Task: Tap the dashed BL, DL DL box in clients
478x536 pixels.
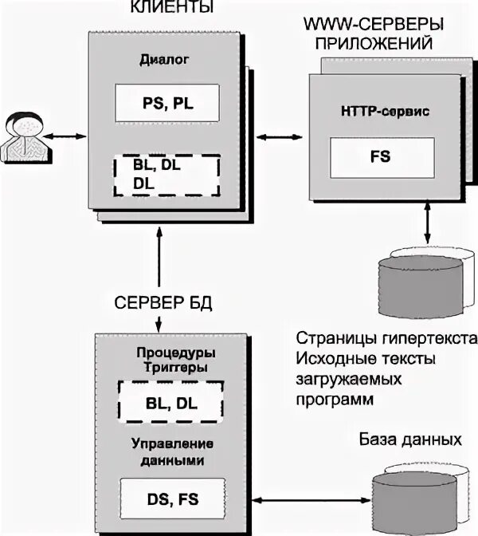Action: point(166,174)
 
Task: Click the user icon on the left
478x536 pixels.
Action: point(22,136)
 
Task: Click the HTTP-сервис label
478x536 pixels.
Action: point(373,112)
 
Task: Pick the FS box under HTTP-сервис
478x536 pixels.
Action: point(373,159)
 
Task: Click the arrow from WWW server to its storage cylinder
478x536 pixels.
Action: point(429,225)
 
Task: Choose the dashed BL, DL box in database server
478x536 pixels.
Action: point(170,403)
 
